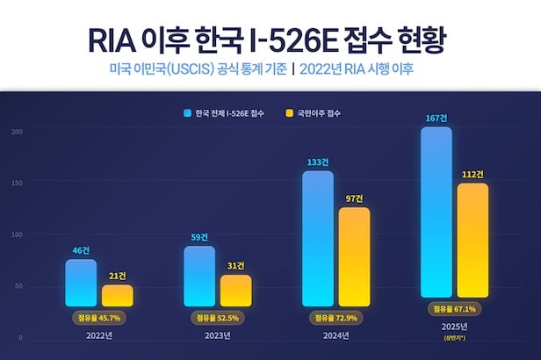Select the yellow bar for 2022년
[x=118, y=294]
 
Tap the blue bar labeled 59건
[x=199, y=276]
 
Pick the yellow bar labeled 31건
[x=235, y=290]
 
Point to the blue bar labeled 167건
[x=436, y=212]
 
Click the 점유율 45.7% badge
[x=98, y=316]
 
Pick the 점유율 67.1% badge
[x=454, y=309]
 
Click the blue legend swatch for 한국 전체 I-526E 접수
[x=187, y=113]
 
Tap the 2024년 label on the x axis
[x=335, y=335]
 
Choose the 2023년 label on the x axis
[x=217, y=335]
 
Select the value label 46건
[x=81, y=251]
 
